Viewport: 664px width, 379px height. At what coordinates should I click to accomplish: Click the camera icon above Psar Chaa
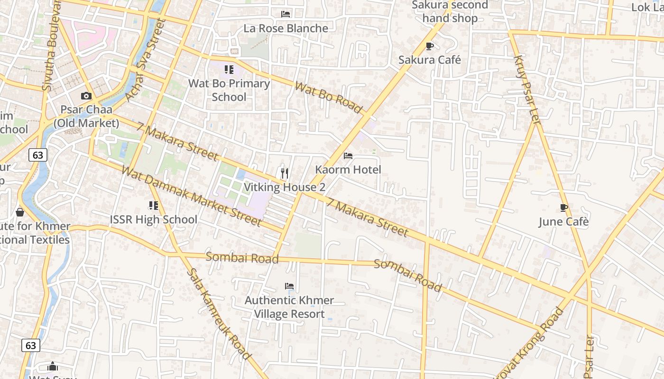pyautogui.click(x=86, y=96)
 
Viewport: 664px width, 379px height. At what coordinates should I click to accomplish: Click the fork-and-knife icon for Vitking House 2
pyautogui.click(x=285, y=173)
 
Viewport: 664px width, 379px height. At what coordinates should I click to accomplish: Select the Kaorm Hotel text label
pyautogui.click(x=348, y=170)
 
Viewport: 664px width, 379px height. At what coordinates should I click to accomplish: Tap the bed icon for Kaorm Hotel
pyautogui.click(x=348, y=156)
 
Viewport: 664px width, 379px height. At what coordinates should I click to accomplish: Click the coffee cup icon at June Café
pyautogui.click(x=563, y=208)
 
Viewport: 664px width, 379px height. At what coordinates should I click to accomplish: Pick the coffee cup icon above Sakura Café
pyautogui.click(x=430, y=46)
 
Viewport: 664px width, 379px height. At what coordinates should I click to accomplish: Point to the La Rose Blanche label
pyautogui.click(x=286, y=28)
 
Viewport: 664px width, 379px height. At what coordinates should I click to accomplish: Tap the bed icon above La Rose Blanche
pyautogui.click(x=286, y=14)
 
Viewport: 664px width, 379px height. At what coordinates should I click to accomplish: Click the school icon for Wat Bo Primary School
pyautogui.click(x=229, y=70)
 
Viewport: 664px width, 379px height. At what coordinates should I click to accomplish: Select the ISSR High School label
pyautogui.click(x=154, y=219)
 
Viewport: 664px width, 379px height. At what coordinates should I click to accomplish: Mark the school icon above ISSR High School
pyautogui.click(x=154, y=206)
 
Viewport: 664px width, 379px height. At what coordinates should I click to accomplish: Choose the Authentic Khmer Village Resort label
pyautogui.click(x=289, y=307)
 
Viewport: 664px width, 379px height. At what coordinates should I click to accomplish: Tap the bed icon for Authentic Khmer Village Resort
pyautogui.click(x=289, y=286)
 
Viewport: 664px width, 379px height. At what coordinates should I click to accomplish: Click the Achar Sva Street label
pyautogui.click(x=144, y=61)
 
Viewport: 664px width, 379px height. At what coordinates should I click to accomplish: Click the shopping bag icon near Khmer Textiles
pyautogui.click(x=20, y=212)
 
